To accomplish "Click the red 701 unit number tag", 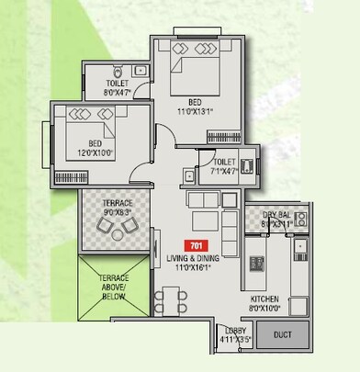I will click(195, 244).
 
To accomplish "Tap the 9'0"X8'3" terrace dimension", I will click(114, 210).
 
